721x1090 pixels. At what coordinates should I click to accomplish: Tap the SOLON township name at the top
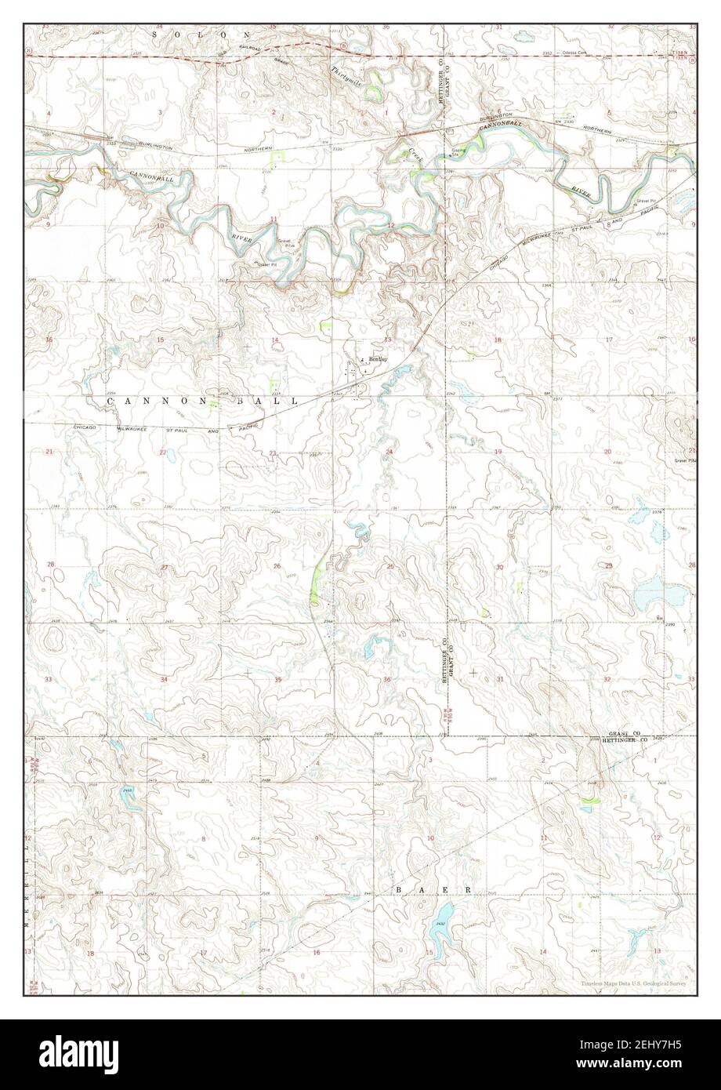point(203,35)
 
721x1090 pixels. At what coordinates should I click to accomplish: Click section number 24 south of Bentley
point(389,452)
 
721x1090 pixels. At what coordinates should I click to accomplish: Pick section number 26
point(277,566)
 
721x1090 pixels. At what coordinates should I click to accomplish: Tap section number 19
point(497,452)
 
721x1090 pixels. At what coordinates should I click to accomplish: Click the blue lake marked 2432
point(442,917)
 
